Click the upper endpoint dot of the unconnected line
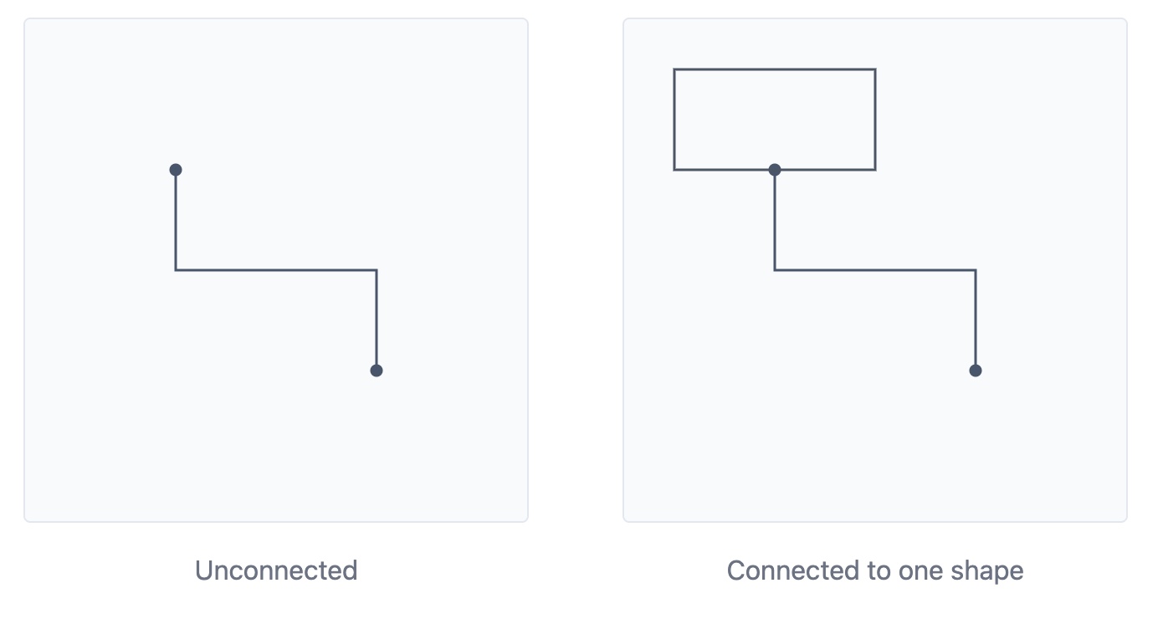(176, 170)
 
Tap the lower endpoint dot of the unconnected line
(377, 371)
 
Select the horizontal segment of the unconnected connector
(276, 270)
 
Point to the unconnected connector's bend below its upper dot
(176, 270)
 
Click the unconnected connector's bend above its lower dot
(377, 270)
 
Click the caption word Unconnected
(276, 570)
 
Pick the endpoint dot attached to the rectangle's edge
(775, 170)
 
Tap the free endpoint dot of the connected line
(976, 371)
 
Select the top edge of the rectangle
(775, 69)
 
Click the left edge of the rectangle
(674, 120)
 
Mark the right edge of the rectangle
(875, 120)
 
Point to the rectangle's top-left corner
(674, 69)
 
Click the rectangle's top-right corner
(875, 69)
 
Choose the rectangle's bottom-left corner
(674, 170)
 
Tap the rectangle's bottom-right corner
(875, 170)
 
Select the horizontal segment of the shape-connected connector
(875, 270)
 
